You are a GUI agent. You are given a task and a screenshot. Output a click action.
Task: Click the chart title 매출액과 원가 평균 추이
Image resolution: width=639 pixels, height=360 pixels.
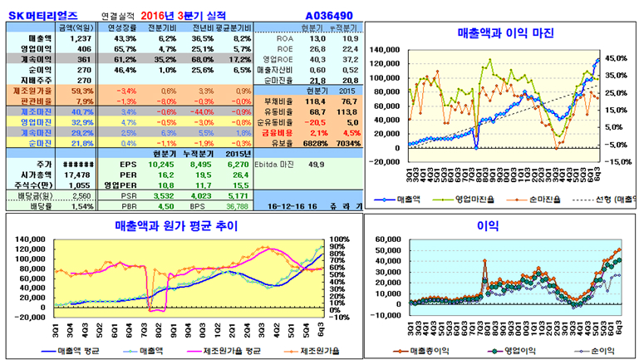(176, 225)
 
